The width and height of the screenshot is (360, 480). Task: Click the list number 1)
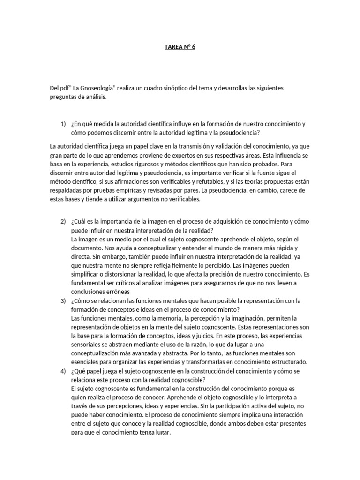click(63, 124)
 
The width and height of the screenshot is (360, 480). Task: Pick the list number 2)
click(63, 221)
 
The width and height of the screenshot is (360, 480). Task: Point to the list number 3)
click(63, 300)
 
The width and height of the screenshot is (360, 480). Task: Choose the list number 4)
click(63, 371)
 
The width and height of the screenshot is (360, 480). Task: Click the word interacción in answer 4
click(286, 415)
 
